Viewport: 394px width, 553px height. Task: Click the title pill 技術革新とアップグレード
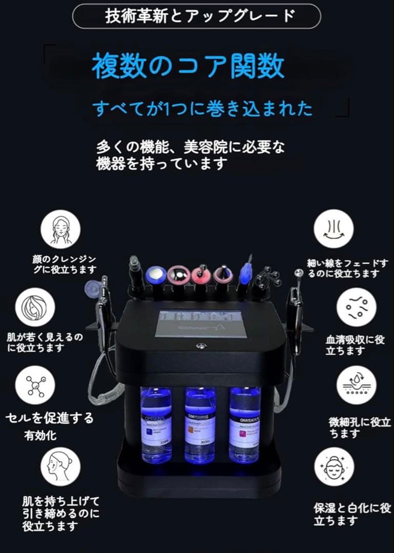coord(196,16)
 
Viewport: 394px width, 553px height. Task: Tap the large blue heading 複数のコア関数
coord(188,67)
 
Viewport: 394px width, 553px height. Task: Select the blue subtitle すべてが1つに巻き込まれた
coord(202,108)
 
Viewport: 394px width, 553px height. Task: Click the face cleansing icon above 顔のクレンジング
coord(60,230)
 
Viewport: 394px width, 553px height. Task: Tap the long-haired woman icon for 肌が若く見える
coord(35,309)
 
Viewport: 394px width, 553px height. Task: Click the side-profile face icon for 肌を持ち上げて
coord(60,467)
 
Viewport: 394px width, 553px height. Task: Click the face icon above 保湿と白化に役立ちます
coord(334,467)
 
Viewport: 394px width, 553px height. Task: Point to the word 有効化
coord(40,436)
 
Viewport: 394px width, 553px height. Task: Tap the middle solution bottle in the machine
coord(200,425)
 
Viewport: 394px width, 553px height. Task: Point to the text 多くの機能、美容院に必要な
coord(190,146)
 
